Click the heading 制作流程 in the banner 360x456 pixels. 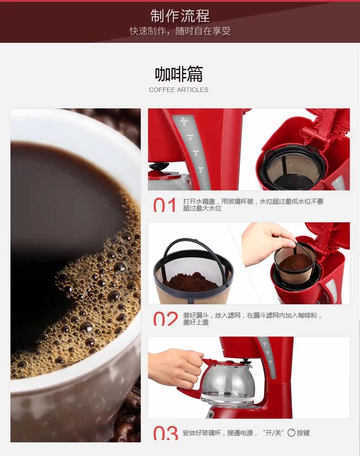[x=180, y=15]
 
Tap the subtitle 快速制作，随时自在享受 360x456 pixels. [x=180, y=31]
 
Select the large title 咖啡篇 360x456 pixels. [x=179, y=74]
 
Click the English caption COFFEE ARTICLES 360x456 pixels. [x=179, y=90]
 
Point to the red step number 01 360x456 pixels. [x=165, y=205]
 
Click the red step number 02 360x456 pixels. [x=165, y=318]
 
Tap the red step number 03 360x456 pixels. [x=165, y=433]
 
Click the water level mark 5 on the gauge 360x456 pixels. [x=184, y=124]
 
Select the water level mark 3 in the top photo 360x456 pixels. [x=195, y=154]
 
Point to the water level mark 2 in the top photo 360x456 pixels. [x=201, y=171]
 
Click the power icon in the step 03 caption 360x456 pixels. [x=291, y=433]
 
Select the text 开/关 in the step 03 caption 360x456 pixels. [x=273, y=433]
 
